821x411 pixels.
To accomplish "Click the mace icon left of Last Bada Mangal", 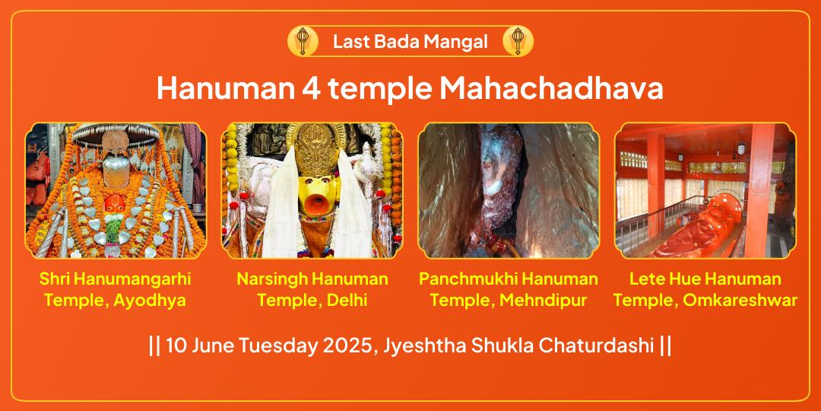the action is pos(303,41).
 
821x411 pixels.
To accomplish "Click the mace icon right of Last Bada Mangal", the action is pos(518,41).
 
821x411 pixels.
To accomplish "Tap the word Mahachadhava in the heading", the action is pos(551,89).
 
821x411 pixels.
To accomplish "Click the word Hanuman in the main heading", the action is pos(225,89).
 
